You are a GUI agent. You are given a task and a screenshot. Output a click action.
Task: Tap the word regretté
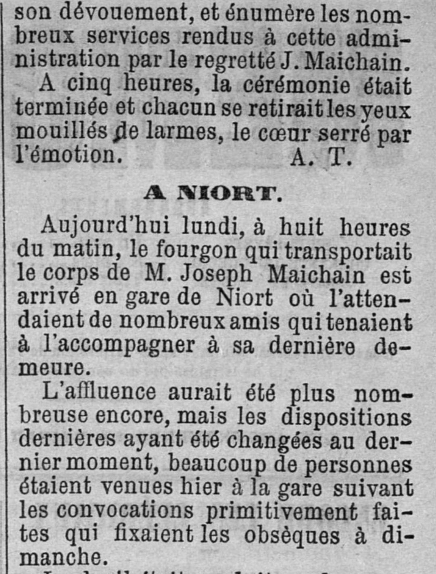point(234,60)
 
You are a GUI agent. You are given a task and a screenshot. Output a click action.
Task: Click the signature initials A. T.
point(321,157)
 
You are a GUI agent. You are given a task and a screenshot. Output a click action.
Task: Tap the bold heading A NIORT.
point(213,194)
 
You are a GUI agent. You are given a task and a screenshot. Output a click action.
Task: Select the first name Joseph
point(216,275)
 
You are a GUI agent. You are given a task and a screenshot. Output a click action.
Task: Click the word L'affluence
point(99,392)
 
